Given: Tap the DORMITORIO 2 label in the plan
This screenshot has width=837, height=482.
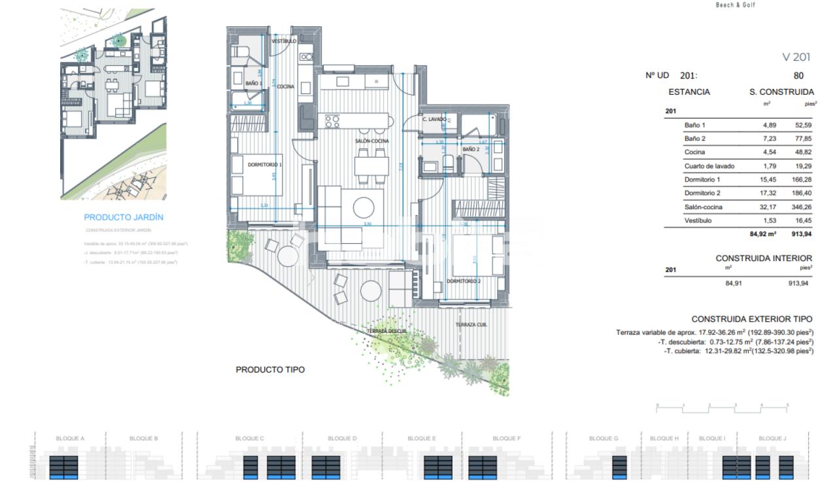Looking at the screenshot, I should (x=464, y=281).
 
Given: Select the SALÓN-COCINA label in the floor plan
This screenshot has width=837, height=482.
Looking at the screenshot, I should (x=373, y=141).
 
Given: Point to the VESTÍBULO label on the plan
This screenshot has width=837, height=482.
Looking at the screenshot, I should (x=284, y=41).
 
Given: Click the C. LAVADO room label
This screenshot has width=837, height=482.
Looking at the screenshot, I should (x=434, y=120).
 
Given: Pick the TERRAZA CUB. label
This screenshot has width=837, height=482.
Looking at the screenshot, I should (x=472, y=324).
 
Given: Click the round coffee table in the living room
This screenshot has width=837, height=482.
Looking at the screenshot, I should (x=364, y=209).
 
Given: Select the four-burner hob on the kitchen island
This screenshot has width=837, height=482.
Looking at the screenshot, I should (x=332, y=121).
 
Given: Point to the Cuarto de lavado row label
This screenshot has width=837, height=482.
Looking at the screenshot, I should (x=709, y=166).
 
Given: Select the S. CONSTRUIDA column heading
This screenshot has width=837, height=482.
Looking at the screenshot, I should (x=781, y=92).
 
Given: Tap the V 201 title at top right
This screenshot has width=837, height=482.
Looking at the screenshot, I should (x=796, y=58).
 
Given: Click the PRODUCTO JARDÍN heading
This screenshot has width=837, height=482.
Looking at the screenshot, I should (x=124, y=217).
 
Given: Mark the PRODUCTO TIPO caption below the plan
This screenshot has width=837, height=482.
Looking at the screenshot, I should (x=270, y=370).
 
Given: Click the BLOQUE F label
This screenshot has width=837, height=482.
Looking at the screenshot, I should (x=506, y=438).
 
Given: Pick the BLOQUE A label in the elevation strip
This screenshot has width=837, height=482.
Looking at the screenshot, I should (x=71, y=438).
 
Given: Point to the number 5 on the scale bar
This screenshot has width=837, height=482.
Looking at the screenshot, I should (x=788, y=405).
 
